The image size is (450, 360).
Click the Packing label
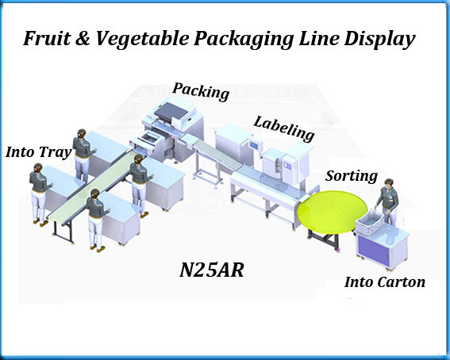201,91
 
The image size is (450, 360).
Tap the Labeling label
284,127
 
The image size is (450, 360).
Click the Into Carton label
384,281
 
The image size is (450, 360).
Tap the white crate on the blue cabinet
375,225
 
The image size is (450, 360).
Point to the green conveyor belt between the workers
83,194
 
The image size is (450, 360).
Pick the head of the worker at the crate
388,185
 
